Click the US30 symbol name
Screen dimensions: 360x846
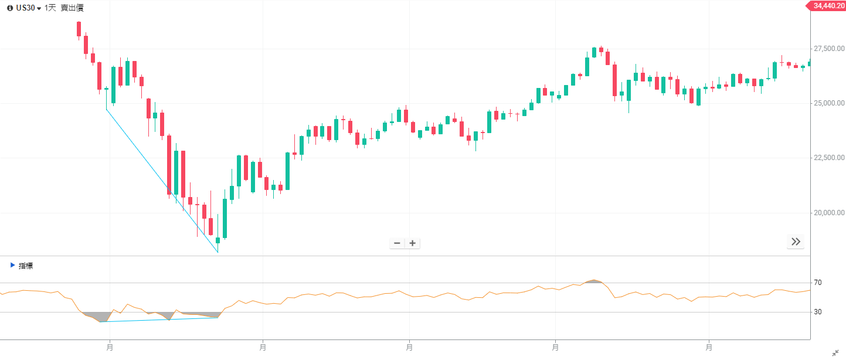(x=25, y=8)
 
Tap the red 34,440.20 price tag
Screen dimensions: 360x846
(x=828, y=6)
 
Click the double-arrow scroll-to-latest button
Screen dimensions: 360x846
(x=796, y=242)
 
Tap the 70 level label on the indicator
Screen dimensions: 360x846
(x=818, y=283)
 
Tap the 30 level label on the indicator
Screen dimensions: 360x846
(x=818, y=312)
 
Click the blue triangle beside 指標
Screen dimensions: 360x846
(x=13, y=265)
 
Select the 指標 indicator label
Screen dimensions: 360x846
(x=26, y=266)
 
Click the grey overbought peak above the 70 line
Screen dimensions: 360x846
(x=594, y=281)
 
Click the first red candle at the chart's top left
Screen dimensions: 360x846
(x=79, y=29)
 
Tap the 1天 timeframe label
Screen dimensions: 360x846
(x=50, y=8)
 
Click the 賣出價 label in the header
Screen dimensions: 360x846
(x=72, y=8)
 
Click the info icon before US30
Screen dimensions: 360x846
(x=10, y=8)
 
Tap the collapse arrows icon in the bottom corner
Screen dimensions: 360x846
(x=835, y=353)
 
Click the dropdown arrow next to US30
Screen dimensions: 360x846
(x=39, y=9)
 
